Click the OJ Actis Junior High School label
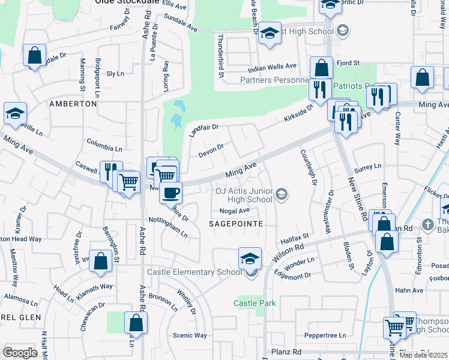[244, 196]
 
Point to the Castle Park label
[255, 303]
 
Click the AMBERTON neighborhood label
[73, 104]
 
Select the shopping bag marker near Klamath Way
[101, 260]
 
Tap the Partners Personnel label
[274, 80]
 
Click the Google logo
[20, 353]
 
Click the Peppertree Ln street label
[325, 335]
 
